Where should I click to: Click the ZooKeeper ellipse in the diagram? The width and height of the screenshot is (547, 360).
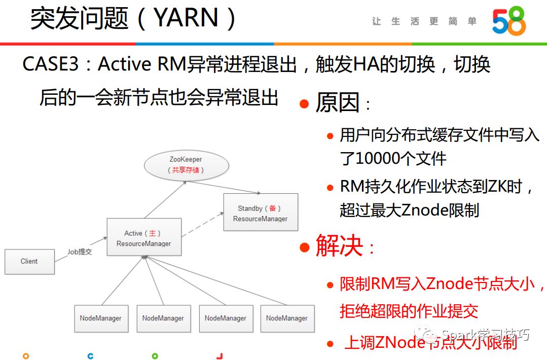(186, 165)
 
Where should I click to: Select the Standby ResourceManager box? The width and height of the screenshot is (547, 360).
(260, 213)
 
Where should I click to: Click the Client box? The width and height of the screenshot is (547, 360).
(29, 261)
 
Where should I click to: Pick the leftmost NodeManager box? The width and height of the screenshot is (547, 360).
(100, 318)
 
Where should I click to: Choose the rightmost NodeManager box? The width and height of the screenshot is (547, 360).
(287, 318)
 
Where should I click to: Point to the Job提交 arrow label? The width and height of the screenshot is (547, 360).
(80, 251)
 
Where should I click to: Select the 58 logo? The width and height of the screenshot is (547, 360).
(508, 21)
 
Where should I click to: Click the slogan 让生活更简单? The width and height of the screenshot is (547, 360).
(424, 21)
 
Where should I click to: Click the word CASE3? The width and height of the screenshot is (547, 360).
(51, 64)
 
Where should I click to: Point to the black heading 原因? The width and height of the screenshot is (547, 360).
(337, 103)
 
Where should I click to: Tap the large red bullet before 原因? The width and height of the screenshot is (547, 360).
(304, 104)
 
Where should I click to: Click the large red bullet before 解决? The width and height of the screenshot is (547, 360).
(304, 247)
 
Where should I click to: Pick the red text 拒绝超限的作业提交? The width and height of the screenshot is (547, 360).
(409, 311)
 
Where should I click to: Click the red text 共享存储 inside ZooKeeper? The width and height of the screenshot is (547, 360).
(186, 170)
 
